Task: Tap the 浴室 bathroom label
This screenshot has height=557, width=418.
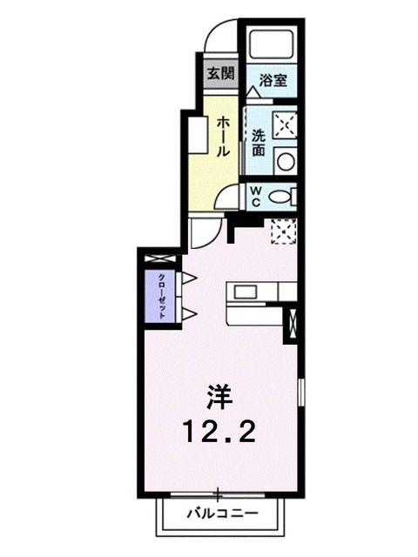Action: coord(272,81)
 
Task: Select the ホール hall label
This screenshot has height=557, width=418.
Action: coord(224,138)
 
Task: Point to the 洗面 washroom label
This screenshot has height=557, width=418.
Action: coord(259,142)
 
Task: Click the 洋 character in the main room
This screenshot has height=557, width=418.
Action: coord(219,397)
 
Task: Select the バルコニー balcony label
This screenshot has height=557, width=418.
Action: coord(222,513)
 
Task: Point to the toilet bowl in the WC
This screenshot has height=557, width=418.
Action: coord(280,196)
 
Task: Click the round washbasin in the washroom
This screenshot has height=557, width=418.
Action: coord(285,160)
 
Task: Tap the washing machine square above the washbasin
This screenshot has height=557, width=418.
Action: coord(284,124)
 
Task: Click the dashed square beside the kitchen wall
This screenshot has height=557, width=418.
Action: coord(284,232)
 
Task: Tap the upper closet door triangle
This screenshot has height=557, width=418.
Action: coord(188,278)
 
